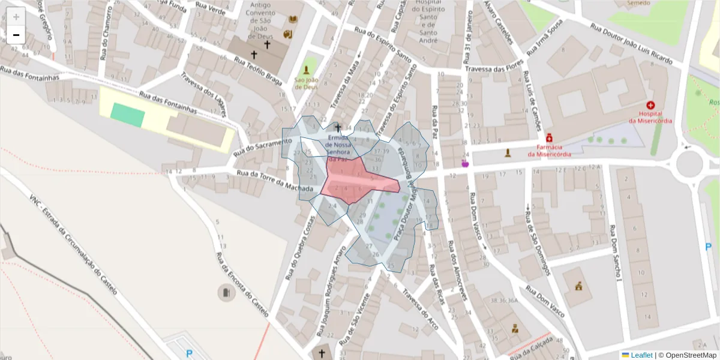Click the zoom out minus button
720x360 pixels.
click(16, 35)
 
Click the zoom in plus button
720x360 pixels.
click(16, 17)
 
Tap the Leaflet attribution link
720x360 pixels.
click(641, 355)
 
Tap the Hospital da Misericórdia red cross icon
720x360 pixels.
click(650, 105)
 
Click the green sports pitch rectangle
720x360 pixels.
click(128, 114)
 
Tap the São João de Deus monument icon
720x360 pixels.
click(307, 70)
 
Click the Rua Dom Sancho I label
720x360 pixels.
click(616, 252)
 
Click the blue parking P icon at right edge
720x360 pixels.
click(709, 246)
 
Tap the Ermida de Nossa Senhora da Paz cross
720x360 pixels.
click(338, 128)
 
